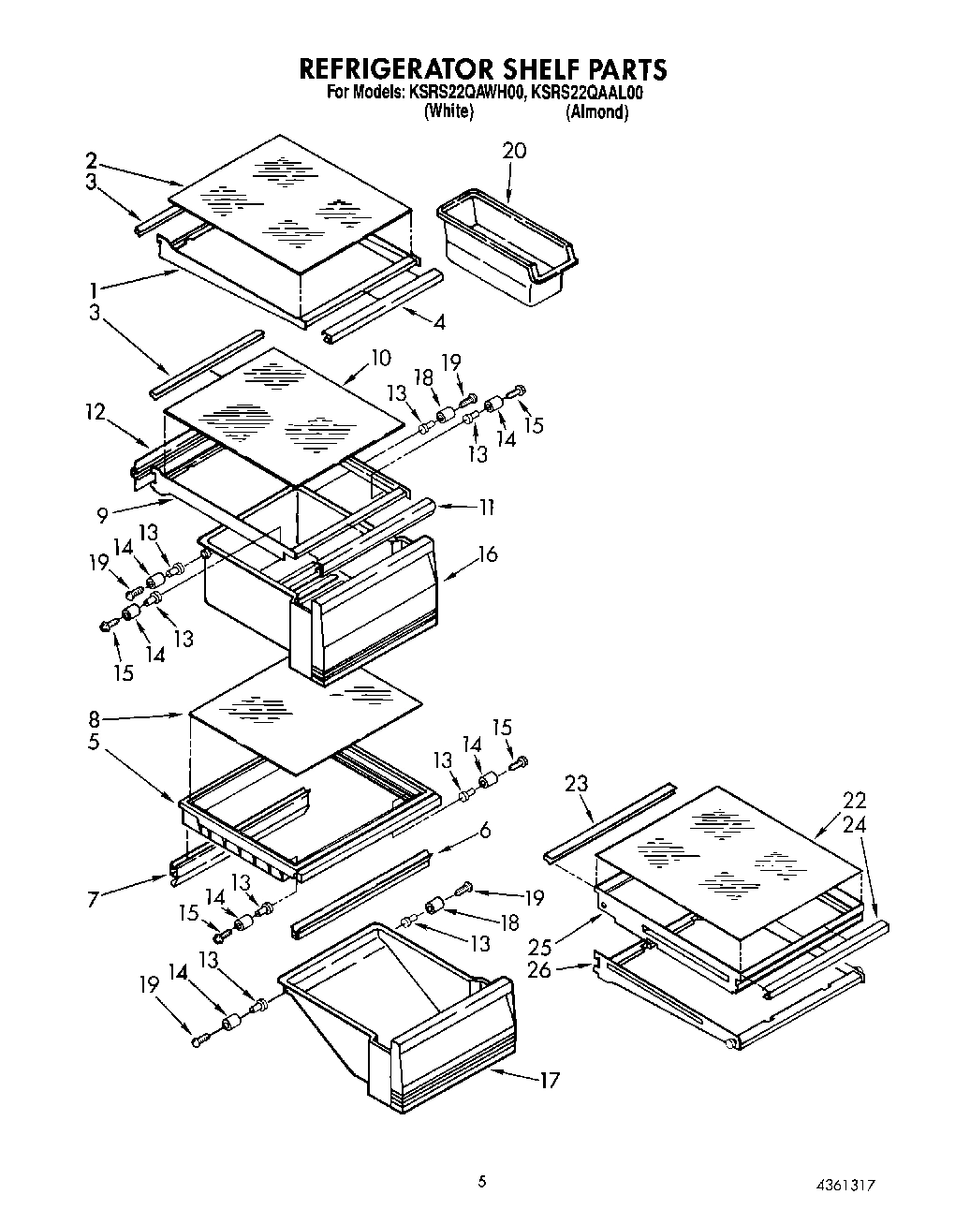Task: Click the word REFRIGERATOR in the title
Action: click(x=394, y=69)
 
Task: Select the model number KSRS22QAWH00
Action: click(x=464, y=93)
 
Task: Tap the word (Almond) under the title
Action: click(x=596, y=111)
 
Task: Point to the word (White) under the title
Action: click(x=448, y=111)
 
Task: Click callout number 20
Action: click(x=514, y=151)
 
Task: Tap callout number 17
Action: click(x=549, y=1080)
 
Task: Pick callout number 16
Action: click(x=487, y=554)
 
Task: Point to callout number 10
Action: click(x=379, y=358)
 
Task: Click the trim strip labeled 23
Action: click(x=609, y=819)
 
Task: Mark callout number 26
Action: click(x=540, y=969)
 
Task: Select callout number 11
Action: click(x=486, y=507)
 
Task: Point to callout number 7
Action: click(x=93, y=900)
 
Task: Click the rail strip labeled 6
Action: click(x=360, y=894)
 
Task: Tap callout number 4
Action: click(x=439, y=321)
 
